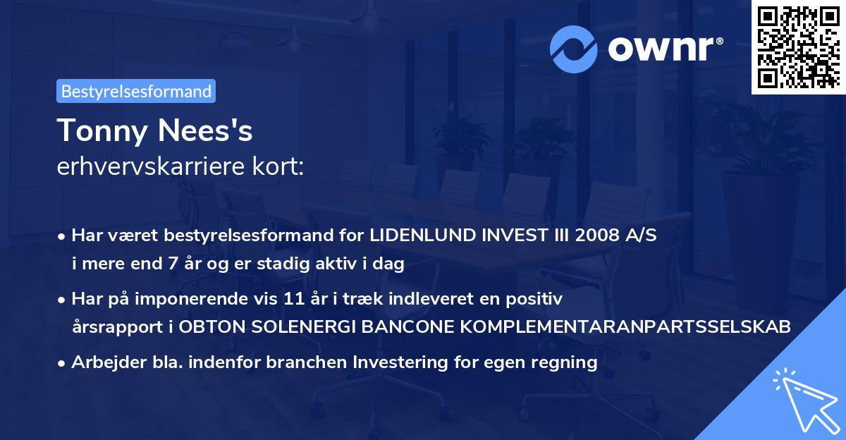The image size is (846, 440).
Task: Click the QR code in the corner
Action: coord(797,47)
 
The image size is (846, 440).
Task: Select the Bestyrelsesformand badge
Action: coord(136,91)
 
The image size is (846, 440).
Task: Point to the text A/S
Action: coord(639,236)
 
